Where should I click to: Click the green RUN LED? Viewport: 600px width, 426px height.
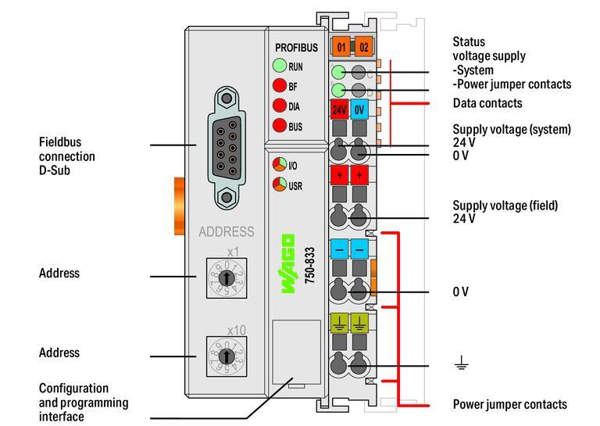click(x=279, y=66)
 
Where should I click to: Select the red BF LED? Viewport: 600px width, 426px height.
click(x=279, y=87)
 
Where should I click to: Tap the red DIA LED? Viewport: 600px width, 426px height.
click(x=279, y=106)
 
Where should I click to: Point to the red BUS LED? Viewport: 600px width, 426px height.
click(x=279, y=126)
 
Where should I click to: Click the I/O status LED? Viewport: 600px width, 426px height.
click(x=279, y=165)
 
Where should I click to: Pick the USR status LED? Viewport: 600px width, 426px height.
click(x=279, y=185)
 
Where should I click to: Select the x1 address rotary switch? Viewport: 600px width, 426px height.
click(x=226, y=277)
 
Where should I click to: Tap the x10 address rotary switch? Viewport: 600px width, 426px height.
click(x=226, y=356)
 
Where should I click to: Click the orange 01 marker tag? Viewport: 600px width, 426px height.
click(x=341, y=47)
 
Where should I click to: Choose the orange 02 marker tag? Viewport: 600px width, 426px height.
click(x=363, y=47)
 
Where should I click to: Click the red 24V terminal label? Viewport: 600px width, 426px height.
click(x=340, y=109)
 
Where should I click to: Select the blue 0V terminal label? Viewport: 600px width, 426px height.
click(x=359, y=109)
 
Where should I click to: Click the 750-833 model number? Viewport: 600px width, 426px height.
click(x=309, y=264)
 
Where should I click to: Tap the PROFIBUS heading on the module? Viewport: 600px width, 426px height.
click(x=296, y=48)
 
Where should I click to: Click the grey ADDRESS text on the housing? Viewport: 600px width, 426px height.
click(x=226, y=231)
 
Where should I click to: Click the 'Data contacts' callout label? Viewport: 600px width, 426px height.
click(x=487, y=103)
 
